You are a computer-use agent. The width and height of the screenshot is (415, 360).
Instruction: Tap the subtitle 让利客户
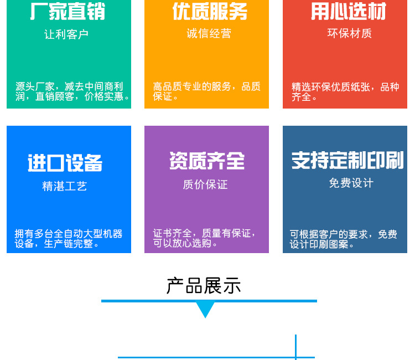[66, 34]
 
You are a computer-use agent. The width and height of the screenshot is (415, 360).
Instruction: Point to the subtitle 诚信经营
[209, 34]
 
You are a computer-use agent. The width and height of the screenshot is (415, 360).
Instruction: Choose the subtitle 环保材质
[349, 33]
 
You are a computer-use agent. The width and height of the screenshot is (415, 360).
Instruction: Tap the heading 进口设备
[65, 163]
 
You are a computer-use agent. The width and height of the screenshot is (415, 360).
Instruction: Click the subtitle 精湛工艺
[65, 186]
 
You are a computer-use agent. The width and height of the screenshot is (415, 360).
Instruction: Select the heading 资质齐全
[207, 161]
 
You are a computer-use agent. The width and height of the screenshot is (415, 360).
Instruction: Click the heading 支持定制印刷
[347, 161]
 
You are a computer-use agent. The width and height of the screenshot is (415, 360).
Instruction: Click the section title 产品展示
[204, 286]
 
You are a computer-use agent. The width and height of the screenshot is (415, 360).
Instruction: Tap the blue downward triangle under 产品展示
[205, 310]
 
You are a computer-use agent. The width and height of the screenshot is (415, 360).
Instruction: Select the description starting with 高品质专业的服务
[206, 91]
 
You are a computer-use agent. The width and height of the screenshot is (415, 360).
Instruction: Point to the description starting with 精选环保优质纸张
[345, 92]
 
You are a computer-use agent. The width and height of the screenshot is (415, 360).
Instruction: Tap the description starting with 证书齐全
[204, 238]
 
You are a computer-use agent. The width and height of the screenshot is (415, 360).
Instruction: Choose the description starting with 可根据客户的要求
[343, 239]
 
